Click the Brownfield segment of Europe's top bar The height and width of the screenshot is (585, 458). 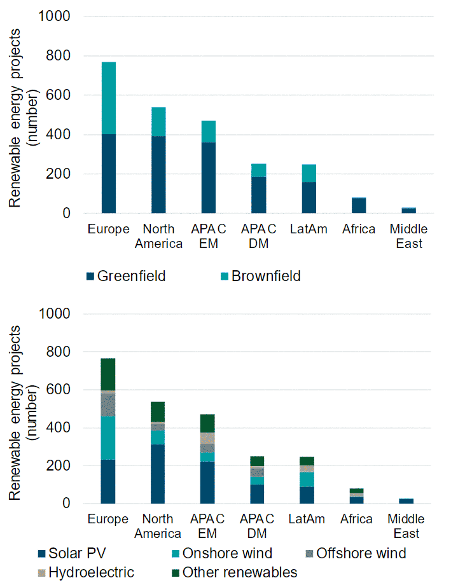pos(108,98)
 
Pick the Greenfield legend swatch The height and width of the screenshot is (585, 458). pos(90,277)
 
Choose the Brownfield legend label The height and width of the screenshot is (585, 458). pos(266,277)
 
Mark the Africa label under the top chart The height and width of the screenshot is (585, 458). pos(358,230)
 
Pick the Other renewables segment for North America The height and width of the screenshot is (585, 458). pos(158,411)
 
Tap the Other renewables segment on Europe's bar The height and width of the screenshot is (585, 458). pos(108,374)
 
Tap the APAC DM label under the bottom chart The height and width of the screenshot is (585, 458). pos(258,526)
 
